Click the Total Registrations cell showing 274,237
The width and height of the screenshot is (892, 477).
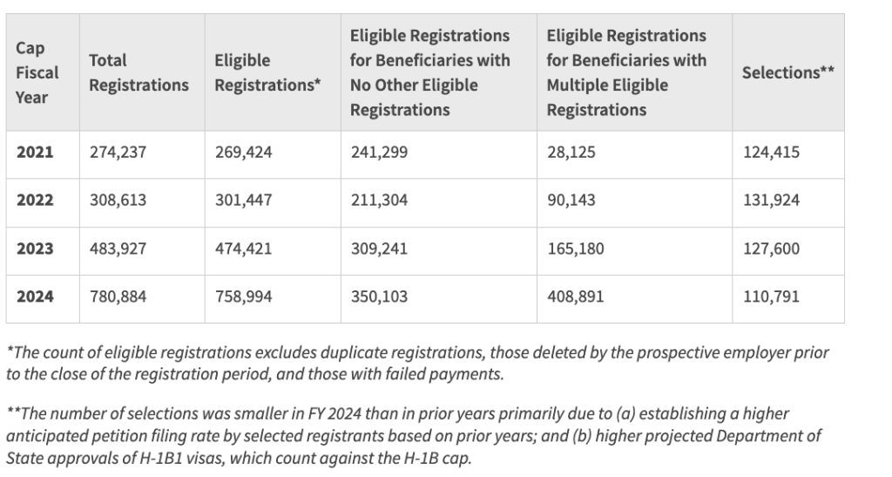coord(118,153)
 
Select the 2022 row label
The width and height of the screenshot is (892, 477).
coord(35,201)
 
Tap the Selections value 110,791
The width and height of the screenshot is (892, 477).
coord(771,296)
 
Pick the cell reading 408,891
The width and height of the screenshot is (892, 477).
coord(575,296)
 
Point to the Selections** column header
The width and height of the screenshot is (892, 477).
coord(787,72)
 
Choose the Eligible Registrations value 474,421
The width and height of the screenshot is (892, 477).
coord(243,249)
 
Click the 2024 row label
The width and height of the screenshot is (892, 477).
coord(35,296)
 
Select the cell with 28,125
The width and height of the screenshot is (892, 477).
coord(571,153)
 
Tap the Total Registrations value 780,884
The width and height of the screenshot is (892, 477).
coord(118,296)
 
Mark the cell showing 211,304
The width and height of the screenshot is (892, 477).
coord(378,201)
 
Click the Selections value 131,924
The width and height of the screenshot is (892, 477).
coord(771,201)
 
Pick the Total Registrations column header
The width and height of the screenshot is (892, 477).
coord(139,72)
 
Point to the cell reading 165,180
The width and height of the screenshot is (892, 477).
coord(575,249)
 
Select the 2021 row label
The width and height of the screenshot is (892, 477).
coord(35,153)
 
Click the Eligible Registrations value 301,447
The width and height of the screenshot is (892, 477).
coord(243,201)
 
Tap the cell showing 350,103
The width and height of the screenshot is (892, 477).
coord(378,296)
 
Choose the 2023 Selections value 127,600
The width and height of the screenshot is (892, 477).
coord(771,249)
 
